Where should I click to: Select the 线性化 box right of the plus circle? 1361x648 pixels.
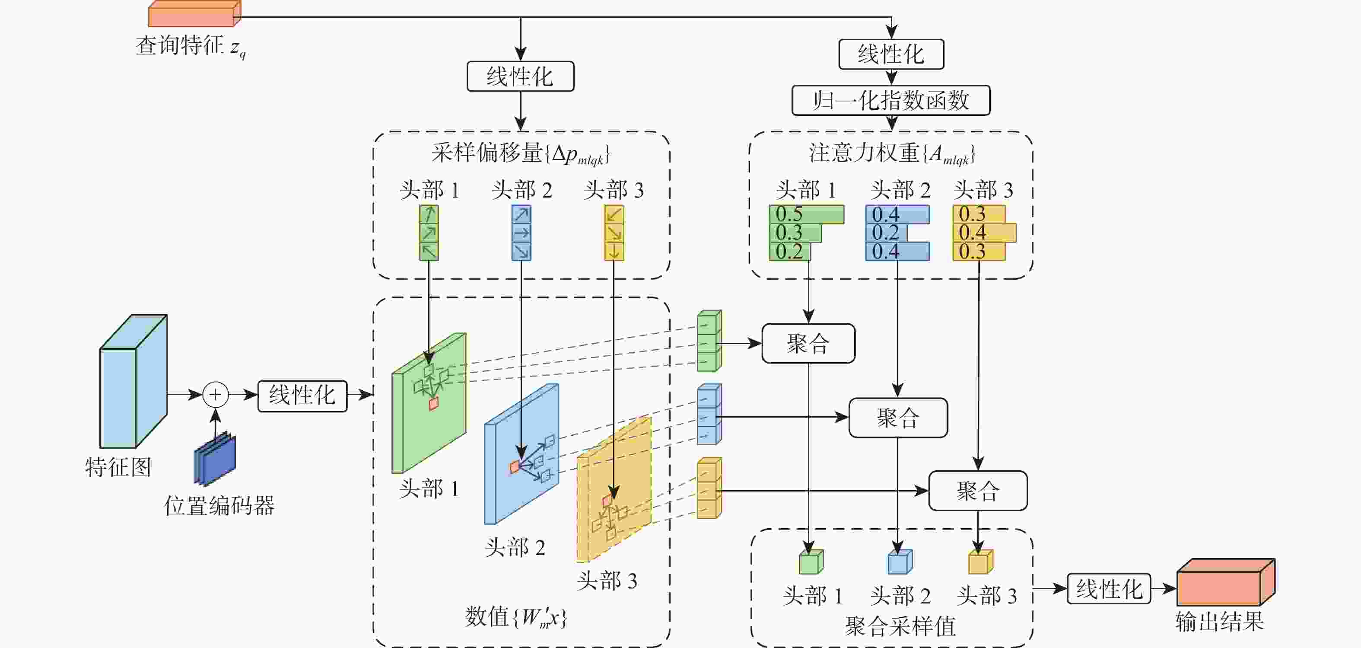(x=302, y=396)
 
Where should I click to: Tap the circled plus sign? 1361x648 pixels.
(x=216, y=395)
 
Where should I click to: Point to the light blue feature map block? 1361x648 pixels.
(x=133, y=382)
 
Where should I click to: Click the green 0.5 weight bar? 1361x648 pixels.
(x=806, y=214)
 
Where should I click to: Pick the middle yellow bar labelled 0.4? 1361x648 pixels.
(x=984, y=233)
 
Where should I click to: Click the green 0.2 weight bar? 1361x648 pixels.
(x=789, y=252)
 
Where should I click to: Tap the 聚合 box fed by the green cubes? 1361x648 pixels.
(x=808, y=344)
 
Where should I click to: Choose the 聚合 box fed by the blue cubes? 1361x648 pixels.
(x=898, y=418)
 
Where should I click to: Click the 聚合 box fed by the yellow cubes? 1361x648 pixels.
(x=977, y=491)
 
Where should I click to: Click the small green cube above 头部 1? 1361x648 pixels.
(x=811, y=562)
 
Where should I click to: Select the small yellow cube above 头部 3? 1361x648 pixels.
(x=980, y=562)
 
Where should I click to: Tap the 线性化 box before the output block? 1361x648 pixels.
(x=1108, y=588)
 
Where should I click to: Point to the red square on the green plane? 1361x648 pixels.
(x=434, y=404)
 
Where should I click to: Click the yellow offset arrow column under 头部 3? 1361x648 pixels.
(x=614, y=233)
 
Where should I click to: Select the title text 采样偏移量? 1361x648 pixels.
(x=487, y=153)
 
